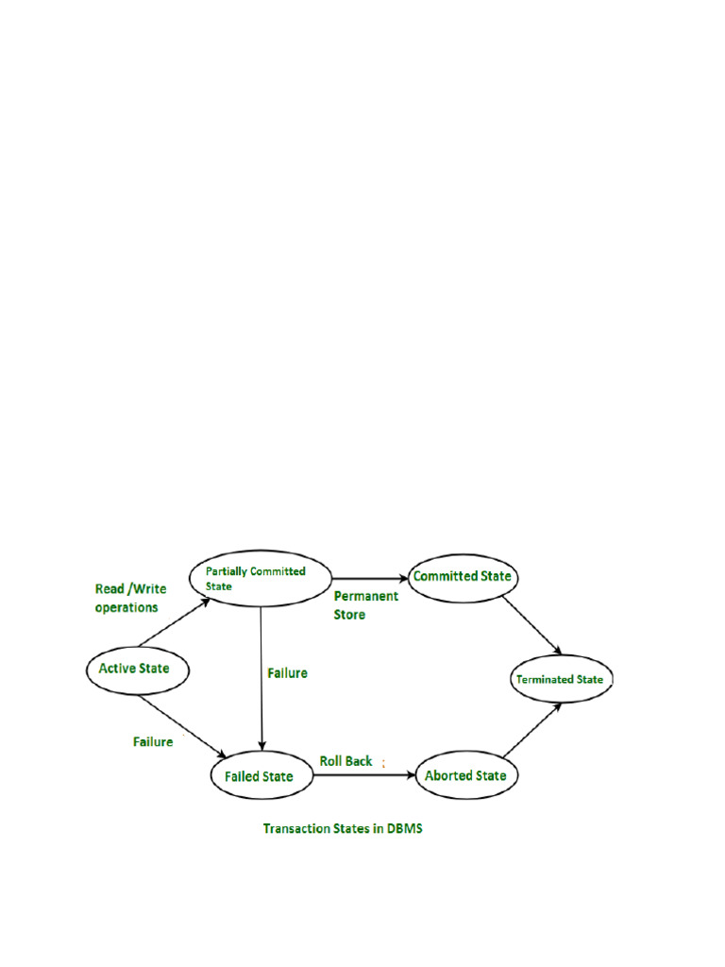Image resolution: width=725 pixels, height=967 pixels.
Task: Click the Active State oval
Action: pyautogui.click(x=134, y=669)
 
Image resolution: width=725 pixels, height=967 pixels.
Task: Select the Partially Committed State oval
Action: pyautogui.click(x=261, y=578)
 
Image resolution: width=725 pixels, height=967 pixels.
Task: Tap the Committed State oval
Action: pyautogui.click(x=463, y=575)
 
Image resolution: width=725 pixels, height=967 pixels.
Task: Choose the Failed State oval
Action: pyautogui.click(x=260, y=776)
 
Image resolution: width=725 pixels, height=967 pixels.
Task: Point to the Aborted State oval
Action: pyautogui.click(x=466, y=775)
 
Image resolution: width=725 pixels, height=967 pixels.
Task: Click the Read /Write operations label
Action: pyautogui.click(x=130, y=598)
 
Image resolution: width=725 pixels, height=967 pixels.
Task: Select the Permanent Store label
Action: pyautogui.click(x=365, y=605)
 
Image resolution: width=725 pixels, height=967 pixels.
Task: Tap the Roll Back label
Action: pyautogui.click(x=346, y=760)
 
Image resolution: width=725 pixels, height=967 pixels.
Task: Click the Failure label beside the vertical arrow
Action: pyautogui.click(x=287, y=673)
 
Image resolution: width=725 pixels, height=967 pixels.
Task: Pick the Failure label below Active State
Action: pyautogui.click(x=153, y=741)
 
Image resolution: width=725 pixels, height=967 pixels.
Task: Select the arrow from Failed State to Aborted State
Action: pyautogui.click(x=363, y=775)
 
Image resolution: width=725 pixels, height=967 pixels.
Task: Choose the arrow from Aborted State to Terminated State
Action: pyautogui.click(x=532, y=730)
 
